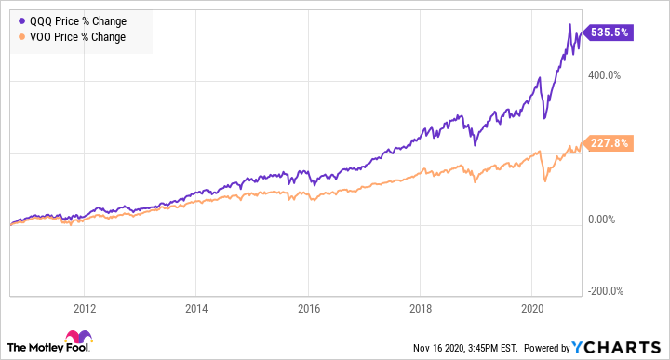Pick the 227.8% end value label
[x=609, y=143]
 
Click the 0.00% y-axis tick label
[x=604, y=220]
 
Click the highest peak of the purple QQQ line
[x=569, y=24]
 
